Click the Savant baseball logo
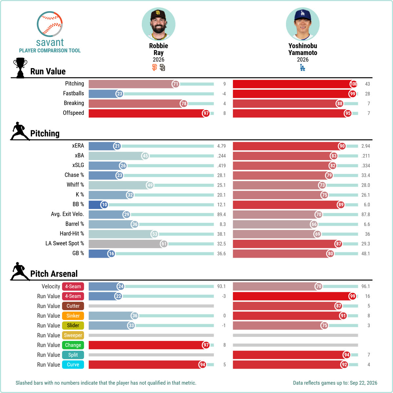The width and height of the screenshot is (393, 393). pyautogui.click(x=49, y=24)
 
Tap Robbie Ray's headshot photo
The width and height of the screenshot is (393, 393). pyautogui.click(x=159, y=24)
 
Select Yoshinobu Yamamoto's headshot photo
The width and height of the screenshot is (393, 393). pyautogui.click(x=303, y=24)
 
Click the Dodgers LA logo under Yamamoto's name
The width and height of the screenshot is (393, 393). pyautogui.click(x=303, y=67)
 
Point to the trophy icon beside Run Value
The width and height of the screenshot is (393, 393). pyautogui.click(x=20, y=68)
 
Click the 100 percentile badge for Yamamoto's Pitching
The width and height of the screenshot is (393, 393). pyautogui.click(x=353, y=84)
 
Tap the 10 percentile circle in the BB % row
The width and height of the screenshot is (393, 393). pyautogui.click(x=104, y=205)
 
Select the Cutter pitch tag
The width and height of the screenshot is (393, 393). pyautogui.click(x=73, y=306)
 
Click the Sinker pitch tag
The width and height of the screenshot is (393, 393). pyautogui.click(x=73, y=316)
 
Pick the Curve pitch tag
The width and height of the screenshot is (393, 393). pyautogui.click(x=73, y=365)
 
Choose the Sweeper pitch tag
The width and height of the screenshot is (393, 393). pyautogui.click(x=73, y=335)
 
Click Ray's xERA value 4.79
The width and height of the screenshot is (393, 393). pyautogui.click(x=221, y=146)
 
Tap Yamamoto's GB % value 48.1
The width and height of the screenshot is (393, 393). pyautogui.click(x=365, y=253)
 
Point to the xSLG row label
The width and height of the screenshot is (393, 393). pyautogui.click(x=78, y=165)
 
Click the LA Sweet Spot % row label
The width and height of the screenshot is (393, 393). pyautogui.click(x=65, y=243)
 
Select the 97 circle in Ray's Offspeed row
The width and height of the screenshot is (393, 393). pyautogui.click(x=206, y=113)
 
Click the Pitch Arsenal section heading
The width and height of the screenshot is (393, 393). pyautogui.click(x=54, y=274)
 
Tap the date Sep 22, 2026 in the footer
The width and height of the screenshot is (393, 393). pyautogui.click(x=364, y=383)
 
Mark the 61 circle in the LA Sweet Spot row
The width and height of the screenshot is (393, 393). pyautogui.click(x=164, y=244)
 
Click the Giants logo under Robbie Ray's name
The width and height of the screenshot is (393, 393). pyautogui.click(x=155, y=67)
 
